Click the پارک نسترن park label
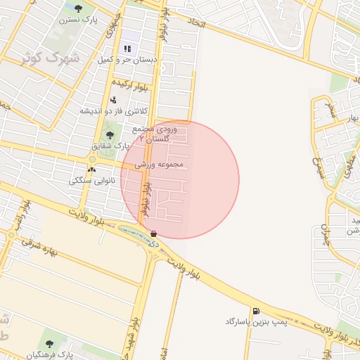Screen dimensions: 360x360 point(78,20)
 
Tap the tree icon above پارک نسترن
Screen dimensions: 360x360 point(78,8)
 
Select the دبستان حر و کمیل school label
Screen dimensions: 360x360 point(127,60)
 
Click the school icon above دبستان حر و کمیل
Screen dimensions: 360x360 point(127,49)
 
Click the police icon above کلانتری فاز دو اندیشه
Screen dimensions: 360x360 point(113,100)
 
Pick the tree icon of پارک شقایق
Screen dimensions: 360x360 point(108,134)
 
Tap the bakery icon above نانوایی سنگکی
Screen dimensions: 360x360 point(92,169)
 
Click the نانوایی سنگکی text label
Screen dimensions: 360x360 point(92,181)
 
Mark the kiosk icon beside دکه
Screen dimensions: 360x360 point(153,233)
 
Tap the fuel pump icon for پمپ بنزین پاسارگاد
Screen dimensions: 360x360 point(254,310)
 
